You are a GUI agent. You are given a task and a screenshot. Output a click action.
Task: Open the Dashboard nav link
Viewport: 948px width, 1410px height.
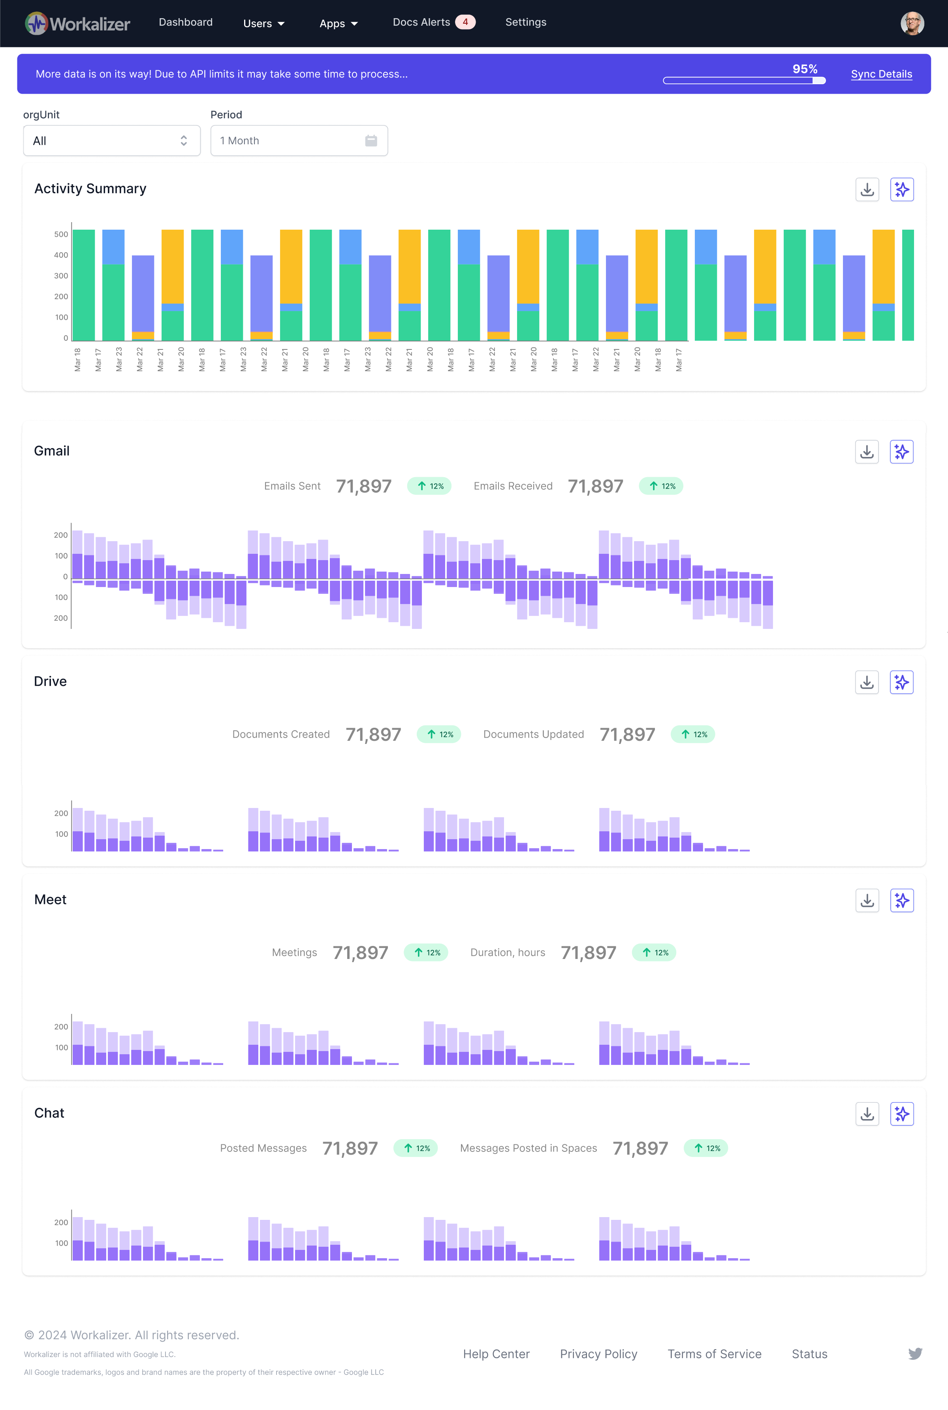186,23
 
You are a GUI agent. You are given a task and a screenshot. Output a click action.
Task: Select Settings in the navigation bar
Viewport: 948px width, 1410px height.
525,23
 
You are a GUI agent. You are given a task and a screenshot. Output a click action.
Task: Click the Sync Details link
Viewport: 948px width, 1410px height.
881,74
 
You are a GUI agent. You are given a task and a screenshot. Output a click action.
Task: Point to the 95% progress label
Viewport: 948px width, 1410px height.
805,69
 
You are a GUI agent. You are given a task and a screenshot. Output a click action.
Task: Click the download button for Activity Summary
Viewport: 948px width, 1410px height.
867,190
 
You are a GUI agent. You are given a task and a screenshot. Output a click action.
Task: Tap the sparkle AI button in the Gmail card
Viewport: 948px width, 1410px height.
901,452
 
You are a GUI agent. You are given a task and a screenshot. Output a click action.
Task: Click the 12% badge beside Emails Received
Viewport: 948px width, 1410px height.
661,486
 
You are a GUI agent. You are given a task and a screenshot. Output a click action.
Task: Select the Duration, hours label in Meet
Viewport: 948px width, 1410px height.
507,953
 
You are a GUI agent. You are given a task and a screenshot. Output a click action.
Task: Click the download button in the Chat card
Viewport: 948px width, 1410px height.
867,1114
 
